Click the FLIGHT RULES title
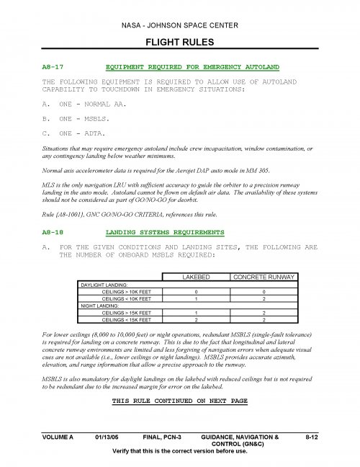(179, 43)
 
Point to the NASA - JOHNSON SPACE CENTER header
(179, 25)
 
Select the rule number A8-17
(55, 66)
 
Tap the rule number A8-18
(55, 233)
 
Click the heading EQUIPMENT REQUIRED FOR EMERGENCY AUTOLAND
(192, 66)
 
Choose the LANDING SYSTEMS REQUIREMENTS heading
(165, 233)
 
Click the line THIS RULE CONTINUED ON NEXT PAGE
(179, 400)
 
